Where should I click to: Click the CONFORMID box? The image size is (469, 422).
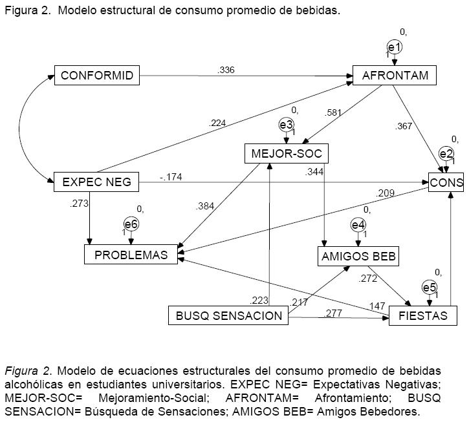click(97, 76)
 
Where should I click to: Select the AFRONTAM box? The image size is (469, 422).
click(395, 76)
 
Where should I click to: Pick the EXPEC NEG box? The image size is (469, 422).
click(96, 183)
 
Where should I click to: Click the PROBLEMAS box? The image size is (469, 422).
click(131, 255)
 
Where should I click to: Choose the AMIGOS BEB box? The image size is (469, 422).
click(358, 257)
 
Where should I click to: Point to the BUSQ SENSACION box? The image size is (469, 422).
click(228, 316)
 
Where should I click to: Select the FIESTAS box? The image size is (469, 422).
click(424, 316)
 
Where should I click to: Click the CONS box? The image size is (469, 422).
click(446, 183)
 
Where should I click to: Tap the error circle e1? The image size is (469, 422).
click(395, 47)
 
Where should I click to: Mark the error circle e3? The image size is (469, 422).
click(287, 125)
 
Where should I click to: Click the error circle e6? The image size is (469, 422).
click(131, 224)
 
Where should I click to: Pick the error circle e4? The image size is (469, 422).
click(358, 225)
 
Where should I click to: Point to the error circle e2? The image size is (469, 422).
click(446, 154)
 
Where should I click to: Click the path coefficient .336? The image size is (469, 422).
click(226, 70)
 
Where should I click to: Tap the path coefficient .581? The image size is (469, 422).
click(334, 112)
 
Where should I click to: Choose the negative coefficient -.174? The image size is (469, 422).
click(171, 176)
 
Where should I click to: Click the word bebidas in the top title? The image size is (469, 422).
click(317, 11)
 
